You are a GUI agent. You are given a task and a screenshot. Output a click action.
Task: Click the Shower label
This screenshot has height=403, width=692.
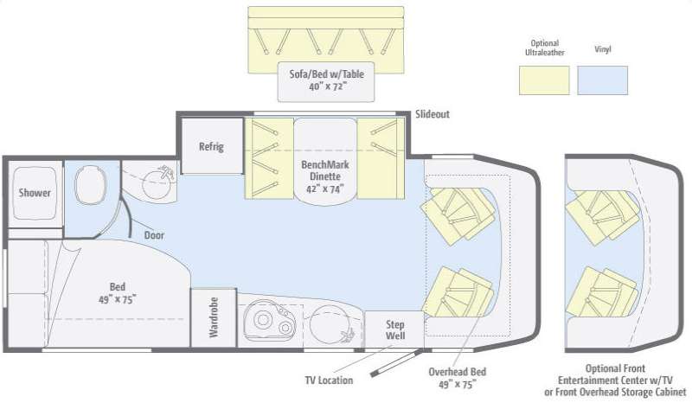click(x=35, y=193)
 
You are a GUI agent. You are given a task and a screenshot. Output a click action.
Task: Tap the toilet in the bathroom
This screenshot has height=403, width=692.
click(x=89, y=183)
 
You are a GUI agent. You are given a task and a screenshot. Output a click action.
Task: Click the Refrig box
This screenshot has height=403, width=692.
click(x=211, y=146)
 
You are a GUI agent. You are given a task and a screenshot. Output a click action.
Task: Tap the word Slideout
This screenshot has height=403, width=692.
click(x=432, y=113)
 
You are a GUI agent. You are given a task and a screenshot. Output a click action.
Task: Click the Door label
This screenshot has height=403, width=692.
click(x=155, y=234)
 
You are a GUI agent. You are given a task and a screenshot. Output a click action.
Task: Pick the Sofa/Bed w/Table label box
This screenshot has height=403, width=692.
click(x=327, y=80)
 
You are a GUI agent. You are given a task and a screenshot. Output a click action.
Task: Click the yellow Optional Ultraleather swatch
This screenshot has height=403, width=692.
click(x=543, y=80)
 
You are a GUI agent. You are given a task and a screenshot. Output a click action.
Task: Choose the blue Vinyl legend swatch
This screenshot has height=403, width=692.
click(x=603, y=80)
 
